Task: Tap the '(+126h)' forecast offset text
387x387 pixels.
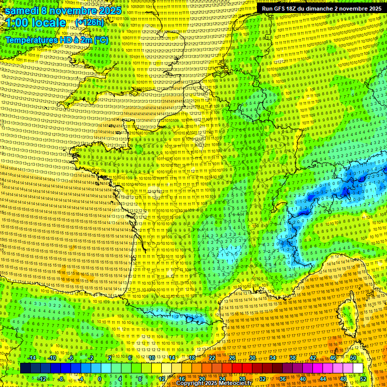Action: coord(89,22)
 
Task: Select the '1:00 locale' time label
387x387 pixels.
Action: coord(36,23)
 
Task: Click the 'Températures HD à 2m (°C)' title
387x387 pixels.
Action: coord(56,39)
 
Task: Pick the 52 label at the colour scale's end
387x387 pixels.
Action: coord(363,378)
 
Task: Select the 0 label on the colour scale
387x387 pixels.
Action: coord(100,378)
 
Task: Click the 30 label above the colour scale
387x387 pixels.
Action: coord(252,358)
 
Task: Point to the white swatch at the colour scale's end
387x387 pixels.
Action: coord(358,368)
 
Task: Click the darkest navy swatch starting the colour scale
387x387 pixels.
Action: coord(25,368)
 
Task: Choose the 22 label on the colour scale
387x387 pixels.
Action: coord(212,358)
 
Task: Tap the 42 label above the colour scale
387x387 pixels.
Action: coord(312,358)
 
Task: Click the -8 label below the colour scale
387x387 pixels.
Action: coord(60,378)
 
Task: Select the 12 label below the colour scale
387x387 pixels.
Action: coord(161,378)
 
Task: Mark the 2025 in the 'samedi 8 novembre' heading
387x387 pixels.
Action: coord(109,11)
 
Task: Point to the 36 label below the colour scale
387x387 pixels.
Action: coord(283,378)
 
